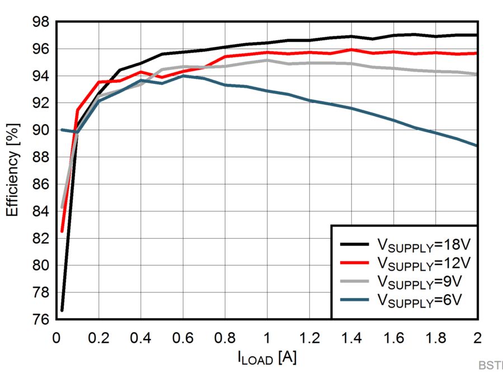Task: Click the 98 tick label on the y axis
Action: (40, 22)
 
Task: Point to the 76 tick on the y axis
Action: (40, 319)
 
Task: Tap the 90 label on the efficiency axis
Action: (40, 130)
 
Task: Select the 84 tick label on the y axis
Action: (40, 211)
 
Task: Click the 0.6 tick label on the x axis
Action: (183, 338)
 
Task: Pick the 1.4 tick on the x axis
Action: (351, 338)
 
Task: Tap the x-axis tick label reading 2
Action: (477, 338)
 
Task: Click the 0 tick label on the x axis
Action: (57, 338)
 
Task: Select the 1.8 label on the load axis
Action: (436, 338)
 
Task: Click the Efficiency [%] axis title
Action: (13, 170)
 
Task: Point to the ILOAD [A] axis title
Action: (267, 357)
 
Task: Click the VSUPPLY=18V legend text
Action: (424, 246)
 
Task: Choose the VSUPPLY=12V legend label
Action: (424, 263)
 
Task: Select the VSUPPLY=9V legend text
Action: (419, 282)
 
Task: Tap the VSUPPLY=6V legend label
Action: (419, 300)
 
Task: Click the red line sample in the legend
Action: (355, 263)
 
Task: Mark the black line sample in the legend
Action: (355, 244)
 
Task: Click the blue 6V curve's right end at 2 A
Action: (477, 145)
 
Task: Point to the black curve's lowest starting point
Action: (62, 310)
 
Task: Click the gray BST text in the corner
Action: (491, 365)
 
